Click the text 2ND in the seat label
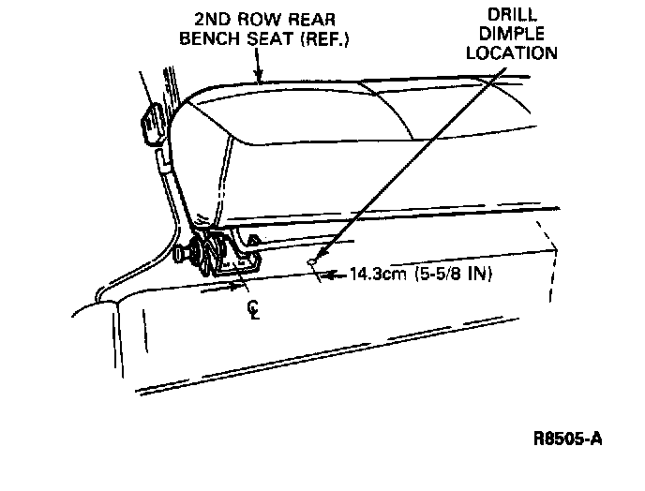[x=213, y=19]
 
